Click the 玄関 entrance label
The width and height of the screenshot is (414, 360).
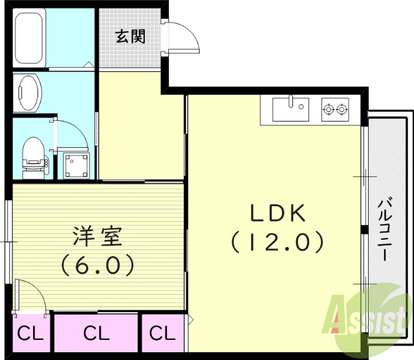click(x=130, y=36)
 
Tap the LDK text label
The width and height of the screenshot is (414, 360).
click(x=274, y=213)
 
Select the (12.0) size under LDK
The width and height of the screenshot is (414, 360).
click(x=276, y=242)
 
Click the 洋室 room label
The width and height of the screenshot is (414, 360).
click(x=97, y=237)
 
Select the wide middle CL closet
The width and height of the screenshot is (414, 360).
click(x=96, y=334)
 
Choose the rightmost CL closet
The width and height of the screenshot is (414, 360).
click(x=162, y=334)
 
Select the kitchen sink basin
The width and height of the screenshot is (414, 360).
click(x=290, y=110)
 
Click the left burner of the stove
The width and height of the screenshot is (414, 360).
click(x=328, y=110)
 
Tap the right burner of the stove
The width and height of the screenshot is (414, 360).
click(x=342, y=110)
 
